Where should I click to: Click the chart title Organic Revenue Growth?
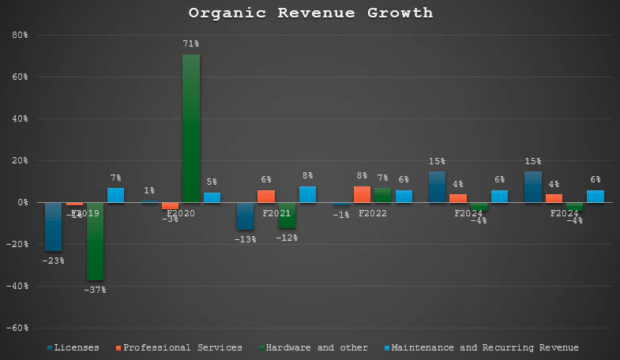[x=310, y=13]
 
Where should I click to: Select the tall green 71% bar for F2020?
[x=191, y=128]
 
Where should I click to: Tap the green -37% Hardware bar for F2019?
[x=96, y=241]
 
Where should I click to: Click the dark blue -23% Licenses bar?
[x=54, y=227]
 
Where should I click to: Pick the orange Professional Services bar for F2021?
[x=266, y=197]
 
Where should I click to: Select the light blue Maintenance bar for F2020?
[x=212, y=197]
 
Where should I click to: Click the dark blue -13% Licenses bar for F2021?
[x=246, y=216]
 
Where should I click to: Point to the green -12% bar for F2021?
[x=287, y=216]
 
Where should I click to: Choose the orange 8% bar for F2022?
[x=362, y=194]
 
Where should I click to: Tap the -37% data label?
[x=96, y=290]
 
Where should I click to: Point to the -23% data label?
[x=53, y=261]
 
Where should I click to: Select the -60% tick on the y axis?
[x=17, y=328]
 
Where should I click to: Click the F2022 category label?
[x=373, y=213]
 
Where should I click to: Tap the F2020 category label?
[x=181, y=213]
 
